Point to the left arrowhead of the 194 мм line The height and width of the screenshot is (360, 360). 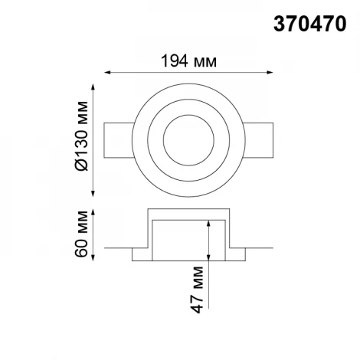click(x=107, y=73)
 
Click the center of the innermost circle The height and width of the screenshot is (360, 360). click(x=189, y=138)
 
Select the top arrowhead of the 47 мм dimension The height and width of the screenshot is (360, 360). click(x=210, y=221)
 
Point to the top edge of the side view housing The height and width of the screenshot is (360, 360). click(x=189, y=208)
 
